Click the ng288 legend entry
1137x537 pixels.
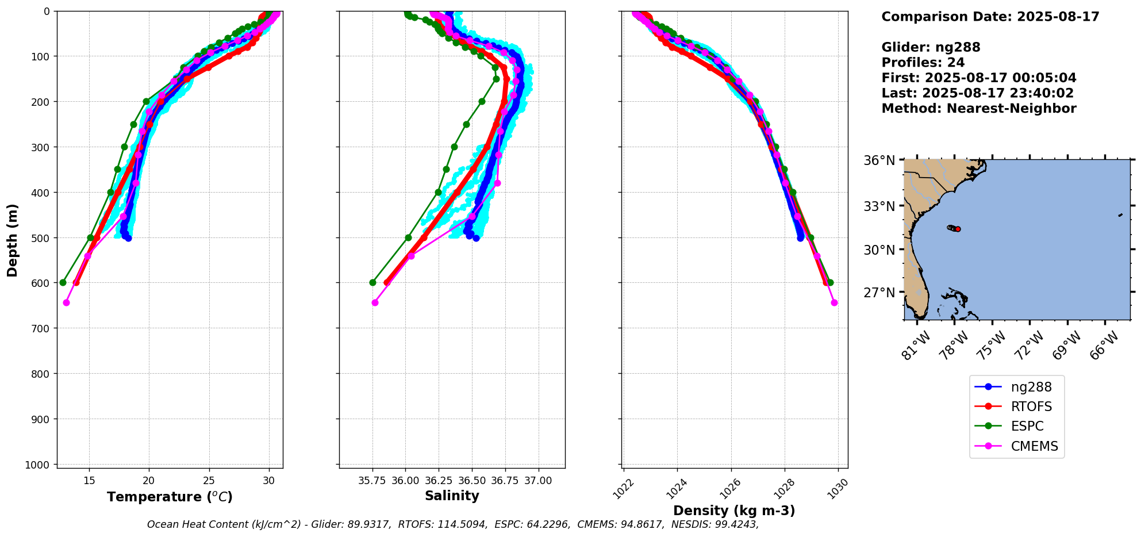point(1031,388)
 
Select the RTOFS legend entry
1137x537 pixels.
point(1031,407)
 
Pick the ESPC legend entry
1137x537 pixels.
point(1027,427)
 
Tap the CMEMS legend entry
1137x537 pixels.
point(1034,447)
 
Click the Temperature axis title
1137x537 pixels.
point(170,497)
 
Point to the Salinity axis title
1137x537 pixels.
point(452,496)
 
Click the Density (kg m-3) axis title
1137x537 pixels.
point(734,511)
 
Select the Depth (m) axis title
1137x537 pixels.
point(13,240)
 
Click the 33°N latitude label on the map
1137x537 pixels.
point(879,206)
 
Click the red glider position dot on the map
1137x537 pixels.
point(958,229)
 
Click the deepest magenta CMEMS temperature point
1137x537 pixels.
point(66,302)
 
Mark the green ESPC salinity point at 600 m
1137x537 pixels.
point(372,282)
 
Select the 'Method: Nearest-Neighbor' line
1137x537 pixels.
point(978,109)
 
